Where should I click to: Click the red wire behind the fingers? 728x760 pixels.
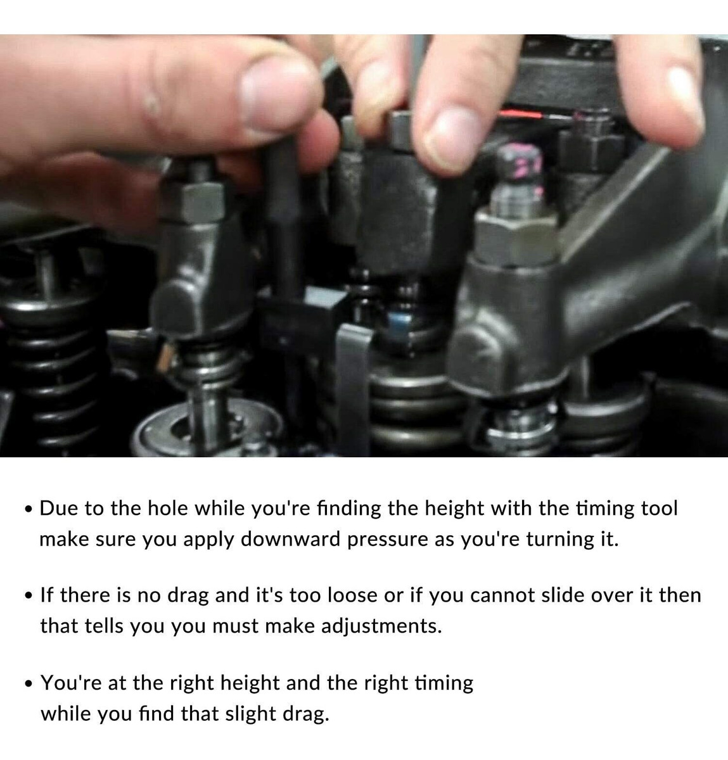coord(520,115)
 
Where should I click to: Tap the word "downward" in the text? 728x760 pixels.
coord(290,540)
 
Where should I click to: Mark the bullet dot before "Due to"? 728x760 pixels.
coord(28,509)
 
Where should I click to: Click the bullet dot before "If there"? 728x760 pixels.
coord(28,596)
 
